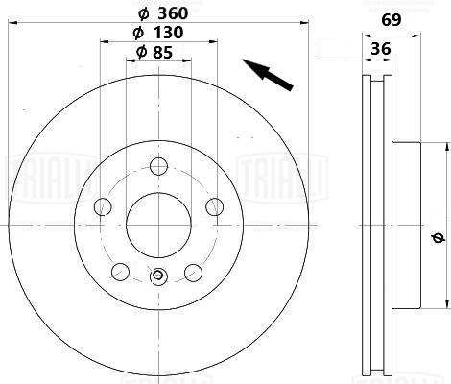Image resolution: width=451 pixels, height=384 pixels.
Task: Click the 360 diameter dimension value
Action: pos(173,13)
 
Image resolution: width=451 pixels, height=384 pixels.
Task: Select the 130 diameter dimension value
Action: pos(168,33)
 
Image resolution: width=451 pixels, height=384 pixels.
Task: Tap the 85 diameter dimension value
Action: pos(162,53)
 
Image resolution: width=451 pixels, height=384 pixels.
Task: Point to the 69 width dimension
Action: pos(392,20)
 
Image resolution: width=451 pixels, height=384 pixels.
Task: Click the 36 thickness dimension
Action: pos(381,49)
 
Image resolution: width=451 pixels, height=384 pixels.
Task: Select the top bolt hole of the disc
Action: pos(159,166)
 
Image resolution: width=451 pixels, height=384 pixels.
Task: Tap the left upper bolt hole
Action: pos(103,206)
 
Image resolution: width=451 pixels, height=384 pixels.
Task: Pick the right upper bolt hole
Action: pos(214,206)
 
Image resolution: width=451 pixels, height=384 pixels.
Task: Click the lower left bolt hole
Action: pos(121,272)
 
